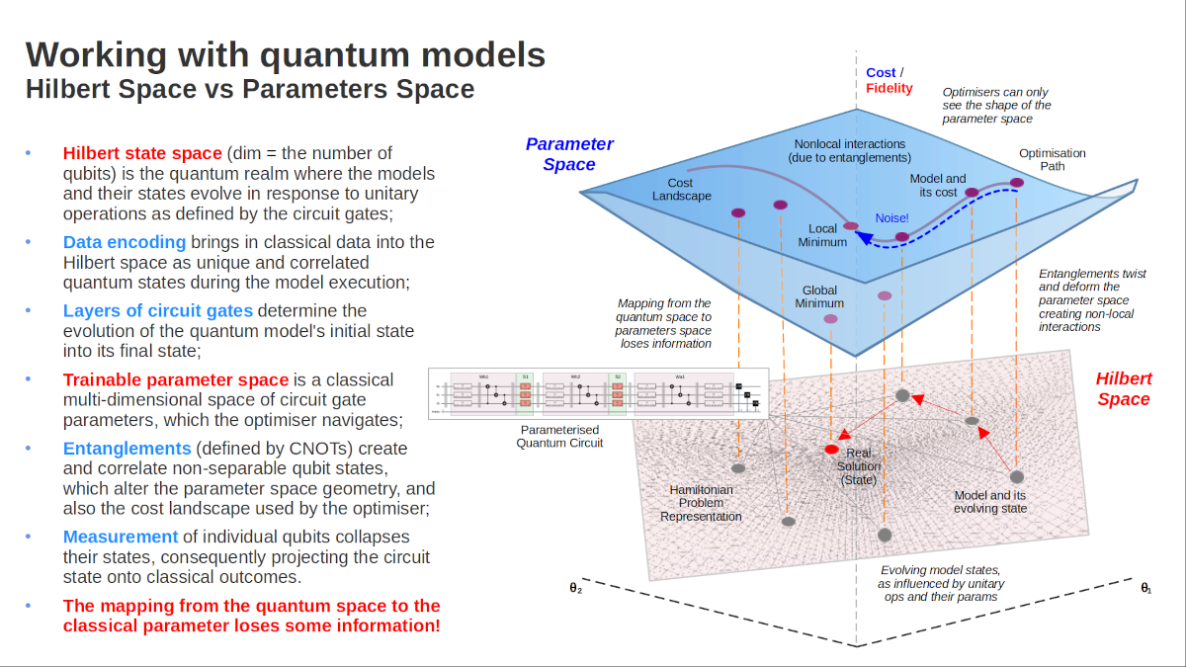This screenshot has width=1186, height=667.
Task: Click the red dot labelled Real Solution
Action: click(831, 450)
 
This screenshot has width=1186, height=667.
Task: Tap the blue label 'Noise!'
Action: click(891, 217)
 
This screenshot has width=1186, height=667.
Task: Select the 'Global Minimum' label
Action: click(819, 296)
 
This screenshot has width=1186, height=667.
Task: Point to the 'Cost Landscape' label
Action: click(680, 189)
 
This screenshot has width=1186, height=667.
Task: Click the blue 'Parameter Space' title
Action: click(569, 154)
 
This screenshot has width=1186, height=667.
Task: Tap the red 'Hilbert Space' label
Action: click(1124, 388)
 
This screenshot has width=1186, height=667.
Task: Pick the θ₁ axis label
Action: click(1146, 588)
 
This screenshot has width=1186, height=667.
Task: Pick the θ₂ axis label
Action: click(576, 588)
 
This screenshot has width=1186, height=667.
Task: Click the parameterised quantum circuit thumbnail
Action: click(598, 393)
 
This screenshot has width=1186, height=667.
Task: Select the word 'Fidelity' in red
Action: click(889, 88)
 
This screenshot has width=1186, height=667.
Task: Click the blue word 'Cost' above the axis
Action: click(881, 72)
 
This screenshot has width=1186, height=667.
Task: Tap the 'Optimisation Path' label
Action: click(1052, 160)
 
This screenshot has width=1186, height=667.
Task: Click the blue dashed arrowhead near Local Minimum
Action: click(861, 237)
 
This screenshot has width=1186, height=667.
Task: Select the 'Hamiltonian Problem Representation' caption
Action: click(701, 502)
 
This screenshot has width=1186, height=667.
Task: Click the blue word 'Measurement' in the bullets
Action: click(121, 537)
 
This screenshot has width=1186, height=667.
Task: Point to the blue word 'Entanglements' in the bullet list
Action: click(127, 448)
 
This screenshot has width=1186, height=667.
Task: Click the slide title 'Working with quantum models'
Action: click(285, 54)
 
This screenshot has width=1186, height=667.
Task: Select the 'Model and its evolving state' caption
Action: click(990, 502)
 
